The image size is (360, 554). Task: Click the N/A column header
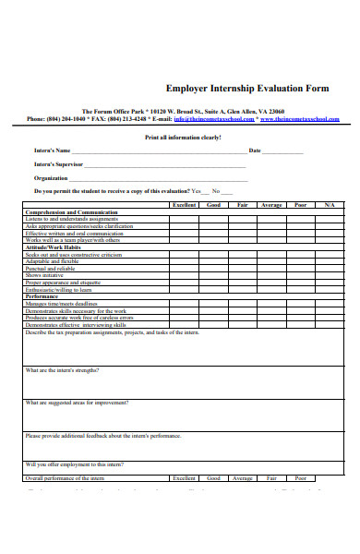click(x=329, y=204)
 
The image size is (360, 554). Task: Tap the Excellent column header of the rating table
click(x=185, y=204)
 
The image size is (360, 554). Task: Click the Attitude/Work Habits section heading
click(x=54, y=247)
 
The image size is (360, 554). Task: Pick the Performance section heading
click(x=42, y=296)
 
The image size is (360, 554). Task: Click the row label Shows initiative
click(x=44, y=275)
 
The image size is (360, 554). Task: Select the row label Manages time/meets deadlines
click(x=62, y=304)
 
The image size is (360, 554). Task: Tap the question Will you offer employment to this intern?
click(x=75, y=464)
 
